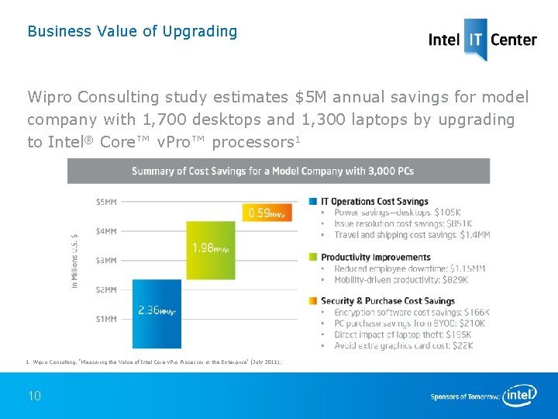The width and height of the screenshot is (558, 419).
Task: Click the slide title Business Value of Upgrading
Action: pyautogui.click(x=132, y=32)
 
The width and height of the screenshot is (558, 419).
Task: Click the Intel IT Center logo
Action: pyautogui.click(x=482, y=39)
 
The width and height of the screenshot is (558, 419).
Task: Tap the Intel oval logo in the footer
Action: pyautogui.click(x=519, y=396)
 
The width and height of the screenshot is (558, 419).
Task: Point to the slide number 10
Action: pyautogui.click(x=34, y=396)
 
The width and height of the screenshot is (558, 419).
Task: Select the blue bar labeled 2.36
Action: pyautogui.click(x=157, y=313)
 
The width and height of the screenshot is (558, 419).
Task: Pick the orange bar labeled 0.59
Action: pyautogui.click(x=267, y=212)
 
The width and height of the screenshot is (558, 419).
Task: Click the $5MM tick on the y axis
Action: pyautogui.click(x=106, y=202)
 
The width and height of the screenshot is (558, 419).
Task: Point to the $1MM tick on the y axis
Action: pyautogui.click(x=106, y=319)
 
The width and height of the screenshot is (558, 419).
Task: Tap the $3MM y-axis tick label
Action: pyautogui.click(x=106, y=261)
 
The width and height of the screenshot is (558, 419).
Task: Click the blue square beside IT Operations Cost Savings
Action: pyautogui.click(x=313, y=202)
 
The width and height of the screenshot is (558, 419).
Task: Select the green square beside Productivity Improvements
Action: pyautogui.click(x=313, y=258)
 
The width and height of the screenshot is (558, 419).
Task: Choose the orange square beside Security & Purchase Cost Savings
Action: pyautogui.click(x=313, y=301)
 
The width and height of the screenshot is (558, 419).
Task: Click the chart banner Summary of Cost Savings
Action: pyautogui.click(x=278, y=171)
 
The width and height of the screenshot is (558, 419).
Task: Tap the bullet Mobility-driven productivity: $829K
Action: pyautogui.click(x=401, y=279)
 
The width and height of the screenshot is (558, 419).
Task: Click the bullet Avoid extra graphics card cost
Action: pyautogui.click(x=403, y=345)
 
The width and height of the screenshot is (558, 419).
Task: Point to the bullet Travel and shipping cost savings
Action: pyautogui.click(x=412, y=235)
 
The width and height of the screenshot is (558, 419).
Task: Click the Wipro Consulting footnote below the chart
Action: pyautogui.click(x=155, y=362)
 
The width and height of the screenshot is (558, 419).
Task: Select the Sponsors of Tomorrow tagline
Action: pyautogui.click(x=464, y=397)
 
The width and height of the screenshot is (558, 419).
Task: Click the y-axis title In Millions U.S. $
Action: pyautogui.click(x=75, y=261)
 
